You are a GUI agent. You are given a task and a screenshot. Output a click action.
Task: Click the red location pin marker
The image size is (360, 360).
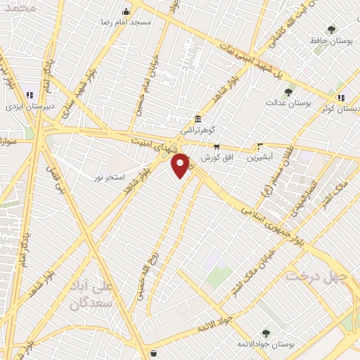(181, 165)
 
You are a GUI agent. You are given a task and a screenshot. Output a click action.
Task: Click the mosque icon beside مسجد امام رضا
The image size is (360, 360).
(127, 11)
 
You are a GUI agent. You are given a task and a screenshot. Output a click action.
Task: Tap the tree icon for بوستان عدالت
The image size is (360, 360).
(288, 92)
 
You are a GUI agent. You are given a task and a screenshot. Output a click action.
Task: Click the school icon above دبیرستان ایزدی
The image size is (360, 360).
(30, 95)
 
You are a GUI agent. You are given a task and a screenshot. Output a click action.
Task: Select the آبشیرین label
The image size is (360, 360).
(261, 158)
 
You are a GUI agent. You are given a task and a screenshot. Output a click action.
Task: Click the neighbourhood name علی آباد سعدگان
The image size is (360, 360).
(94, 295)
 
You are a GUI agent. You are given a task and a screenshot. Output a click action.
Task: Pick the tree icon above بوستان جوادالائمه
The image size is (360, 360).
(266, 333)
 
